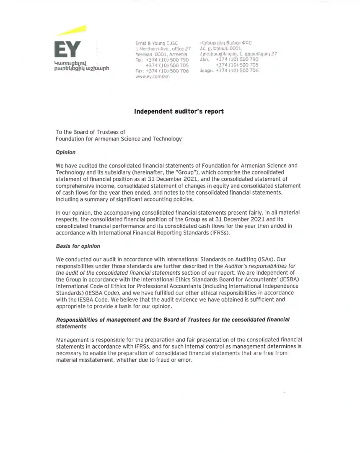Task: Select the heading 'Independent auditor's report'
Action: [179, 111]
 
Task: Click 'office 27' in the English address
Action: [179, 49]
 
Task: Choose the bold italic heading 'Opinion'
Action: [66, 152]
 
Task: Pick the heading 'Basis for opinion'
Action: [78, 246]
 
